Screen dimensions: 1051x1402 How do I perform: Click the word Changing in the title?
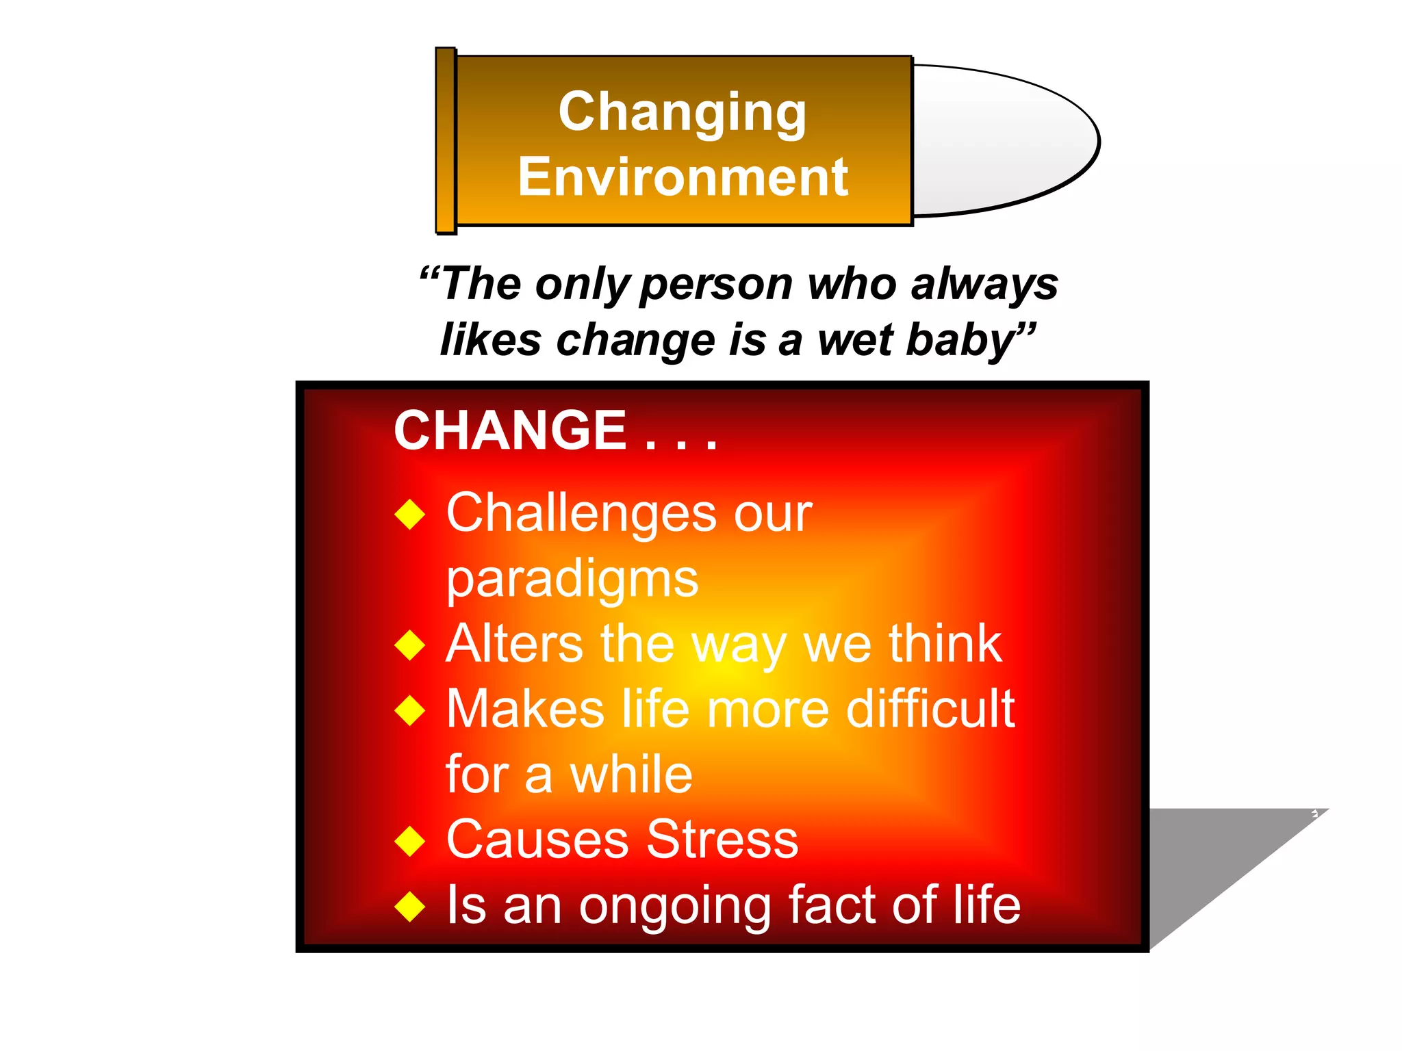(x=682, y=113)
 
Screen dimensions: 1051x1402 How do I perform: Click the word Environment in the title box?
(x=683, y=177)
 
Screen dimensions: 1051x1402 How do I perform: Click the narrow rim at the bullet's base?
(x=446, y=141)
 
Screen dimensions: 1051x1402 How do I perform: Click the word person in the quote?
(x=715, y=284)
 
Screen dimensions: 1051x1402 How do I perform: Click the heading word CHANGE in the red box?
(x=509, y=430)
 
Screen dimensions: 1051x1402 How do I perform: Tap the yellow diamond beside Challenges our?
(x=410, y=514)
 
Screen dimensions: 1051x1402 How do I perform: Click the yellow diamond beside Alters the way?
(x=410, y=645)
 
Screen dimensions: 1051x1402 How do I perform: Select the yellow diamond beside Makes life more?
(x=410, y=710)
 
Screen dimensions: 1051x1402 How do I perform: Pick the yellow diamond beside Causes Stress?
(x=410, y=841)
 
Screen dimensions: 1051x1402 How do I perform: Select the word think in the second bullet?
(x=945, y=644)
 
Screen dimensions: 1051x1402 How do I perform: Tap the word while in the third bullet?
(x=631, y=775)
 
